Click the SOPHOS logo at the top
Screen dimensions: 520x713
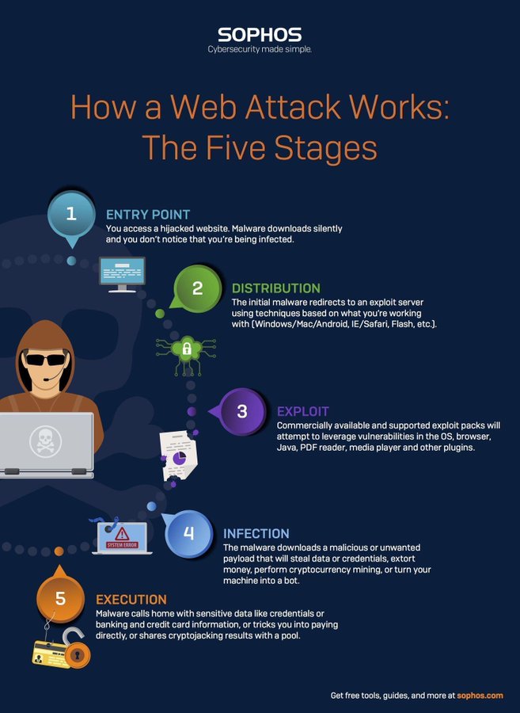tap(260, 34)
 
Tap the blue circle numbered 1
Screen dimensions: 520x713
tap(71, 215)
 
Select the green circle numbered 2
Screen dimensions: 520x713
tap(198, 288)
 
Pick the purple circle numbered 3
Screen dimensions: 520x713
tap(242, 411)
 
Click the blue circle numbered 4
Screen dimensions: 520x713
tap(188, 533)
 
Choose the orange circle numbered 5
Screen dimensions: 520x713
tap(60, 600)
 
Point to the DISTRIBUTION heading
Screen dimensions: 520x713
tap(275, 288)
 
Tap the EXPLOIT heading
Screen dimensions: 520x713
tap(302, 411)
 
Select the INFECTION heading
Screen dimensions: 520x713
tap(256, 533)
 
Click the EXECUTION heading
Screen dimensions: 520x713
tap(131, 600)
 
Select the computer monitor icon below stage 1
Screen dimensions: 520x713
tap(121, 273)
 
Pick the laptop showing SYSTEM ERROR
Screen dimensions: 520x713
tap(120, 536)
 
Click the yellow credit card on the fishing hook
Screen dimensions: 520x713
tap(51, 654)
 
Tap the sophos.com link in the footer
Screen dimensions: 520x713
tap(480, 696)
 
